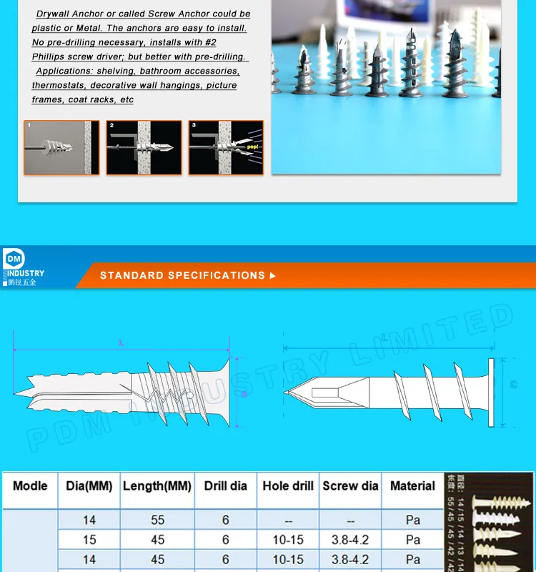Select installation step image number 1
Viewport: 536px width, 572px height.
pos(61,148)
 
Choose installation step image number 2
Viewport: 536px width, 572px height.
pos(145,148)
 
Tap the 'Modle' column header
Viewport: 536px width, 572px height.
pos(30,485)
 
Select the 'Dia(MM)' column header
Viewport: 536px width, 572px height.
pos(89,486)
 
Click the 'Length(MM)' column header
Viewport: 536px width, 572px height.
pos(157,486)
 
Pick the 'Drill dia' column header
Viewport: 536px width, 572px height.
pos(225,486)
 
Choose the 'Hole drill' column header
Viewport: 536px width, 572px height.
pos(288,486)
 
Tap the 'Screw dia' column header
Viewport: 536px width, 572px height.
pos(350,486)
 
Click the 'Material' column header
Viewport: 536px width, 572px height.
pos(412,486)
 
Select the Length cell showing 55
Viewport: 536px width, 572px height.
pos(157,520)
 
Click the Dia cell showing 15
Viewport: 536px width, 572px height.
pos(89,540)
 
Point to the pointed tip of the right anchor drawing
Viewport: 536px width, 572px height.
pos(287,393)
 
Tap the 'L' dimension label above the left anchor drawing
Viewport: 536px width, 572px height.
pos(121,345)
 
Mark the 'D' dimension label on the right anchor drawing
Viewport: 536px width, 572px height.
pos(513,385)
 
